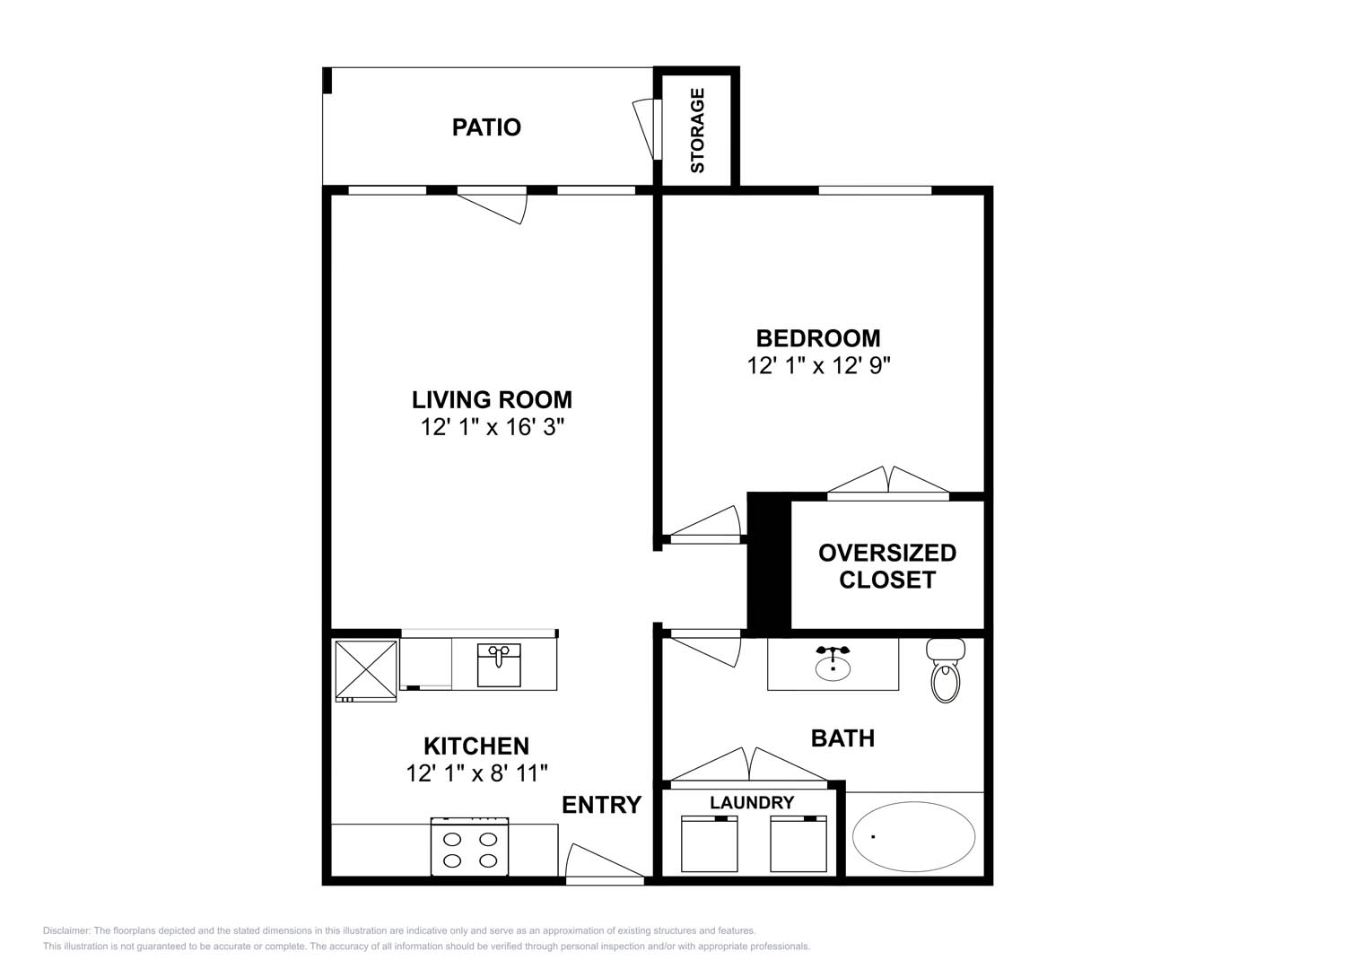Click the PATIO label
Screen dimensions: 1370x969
(x=486, y=127)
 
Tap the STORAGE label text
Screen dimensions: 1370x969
(x=697, y=130)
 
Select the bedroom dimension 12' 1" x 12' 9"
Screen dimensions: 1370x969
(x=818, y=366)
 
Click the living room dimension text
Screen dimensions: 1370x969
(x=492, y=427)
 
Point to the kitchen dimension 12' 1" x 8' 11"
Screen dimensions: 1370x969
(x=476, y=773)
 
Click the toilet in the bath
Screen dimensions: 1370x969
(x=946, y=670)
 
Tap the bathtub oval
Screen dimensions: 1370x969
(x=913, y=837)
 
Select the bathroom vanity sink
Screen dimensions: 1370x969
(x=833, y=663)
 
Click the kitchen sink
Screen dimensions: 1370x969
(x=499, y=664)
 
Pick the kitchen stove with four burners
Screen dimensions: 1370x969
(x=470, y=847)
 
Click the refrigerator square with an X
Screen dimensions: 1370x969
(x=366, y=670)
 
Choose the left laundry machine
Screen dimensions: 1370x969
(x=710, y=843)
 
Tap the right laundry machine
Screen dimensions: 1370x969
(x=798, y=843)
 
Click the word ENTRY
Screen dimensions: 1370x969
(x=602, y=805)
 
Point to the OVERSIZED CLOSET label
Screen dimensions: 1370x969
(x=887, y=566)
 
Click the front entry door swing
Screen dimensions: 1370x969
(x=605, y=862)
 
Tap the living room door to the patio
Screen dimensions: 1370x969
(x=493, y=205)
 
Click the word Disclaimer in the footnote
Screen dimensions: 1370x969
(x=66, y=930)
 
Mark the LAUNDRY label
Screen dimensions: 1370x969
(x=752, y=803)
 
